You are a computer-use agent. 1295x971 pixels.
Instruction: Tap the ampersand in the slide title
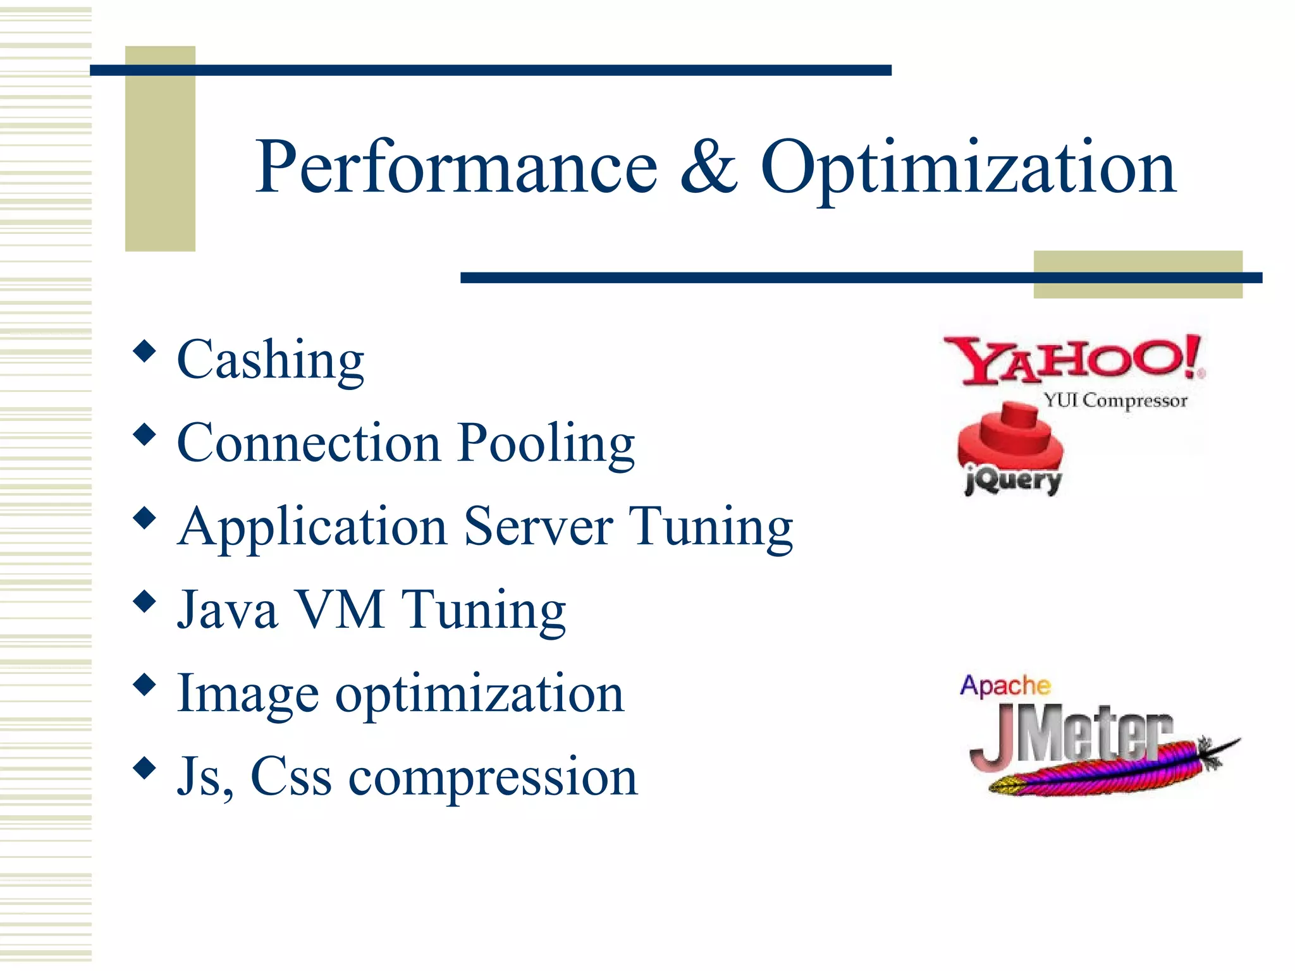point(708,168)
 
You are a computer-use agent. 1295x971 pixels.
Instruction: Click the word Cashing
point(271,360)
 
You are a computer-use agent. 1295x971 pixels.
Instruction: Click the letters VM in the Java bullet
point(340,610)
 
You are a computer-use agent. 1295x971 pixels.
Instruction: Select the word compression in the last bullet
point(493,778)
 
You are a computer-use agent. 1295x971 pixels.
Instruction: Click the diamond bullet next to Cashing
point(145,351)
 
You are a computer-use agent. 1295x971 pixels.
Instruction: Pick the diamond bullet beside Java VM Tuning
point(145,601)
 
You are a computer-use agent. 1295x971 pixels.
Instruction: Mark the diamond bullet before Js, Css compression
point(145,768)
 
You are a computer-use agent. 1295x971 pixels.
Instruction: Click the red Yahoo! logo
point(1073,360)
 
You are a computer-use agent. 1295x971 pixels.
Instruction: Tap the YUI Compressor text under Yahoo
point(1115,400)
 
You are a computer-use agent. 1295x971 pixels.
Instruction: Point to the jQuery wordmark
point(1013,482)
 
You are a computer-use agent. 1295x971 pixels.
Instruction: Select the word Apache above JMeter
point(1005,685)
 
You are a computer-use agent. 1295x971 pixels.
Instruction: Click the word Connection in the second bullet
point(309,444)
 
